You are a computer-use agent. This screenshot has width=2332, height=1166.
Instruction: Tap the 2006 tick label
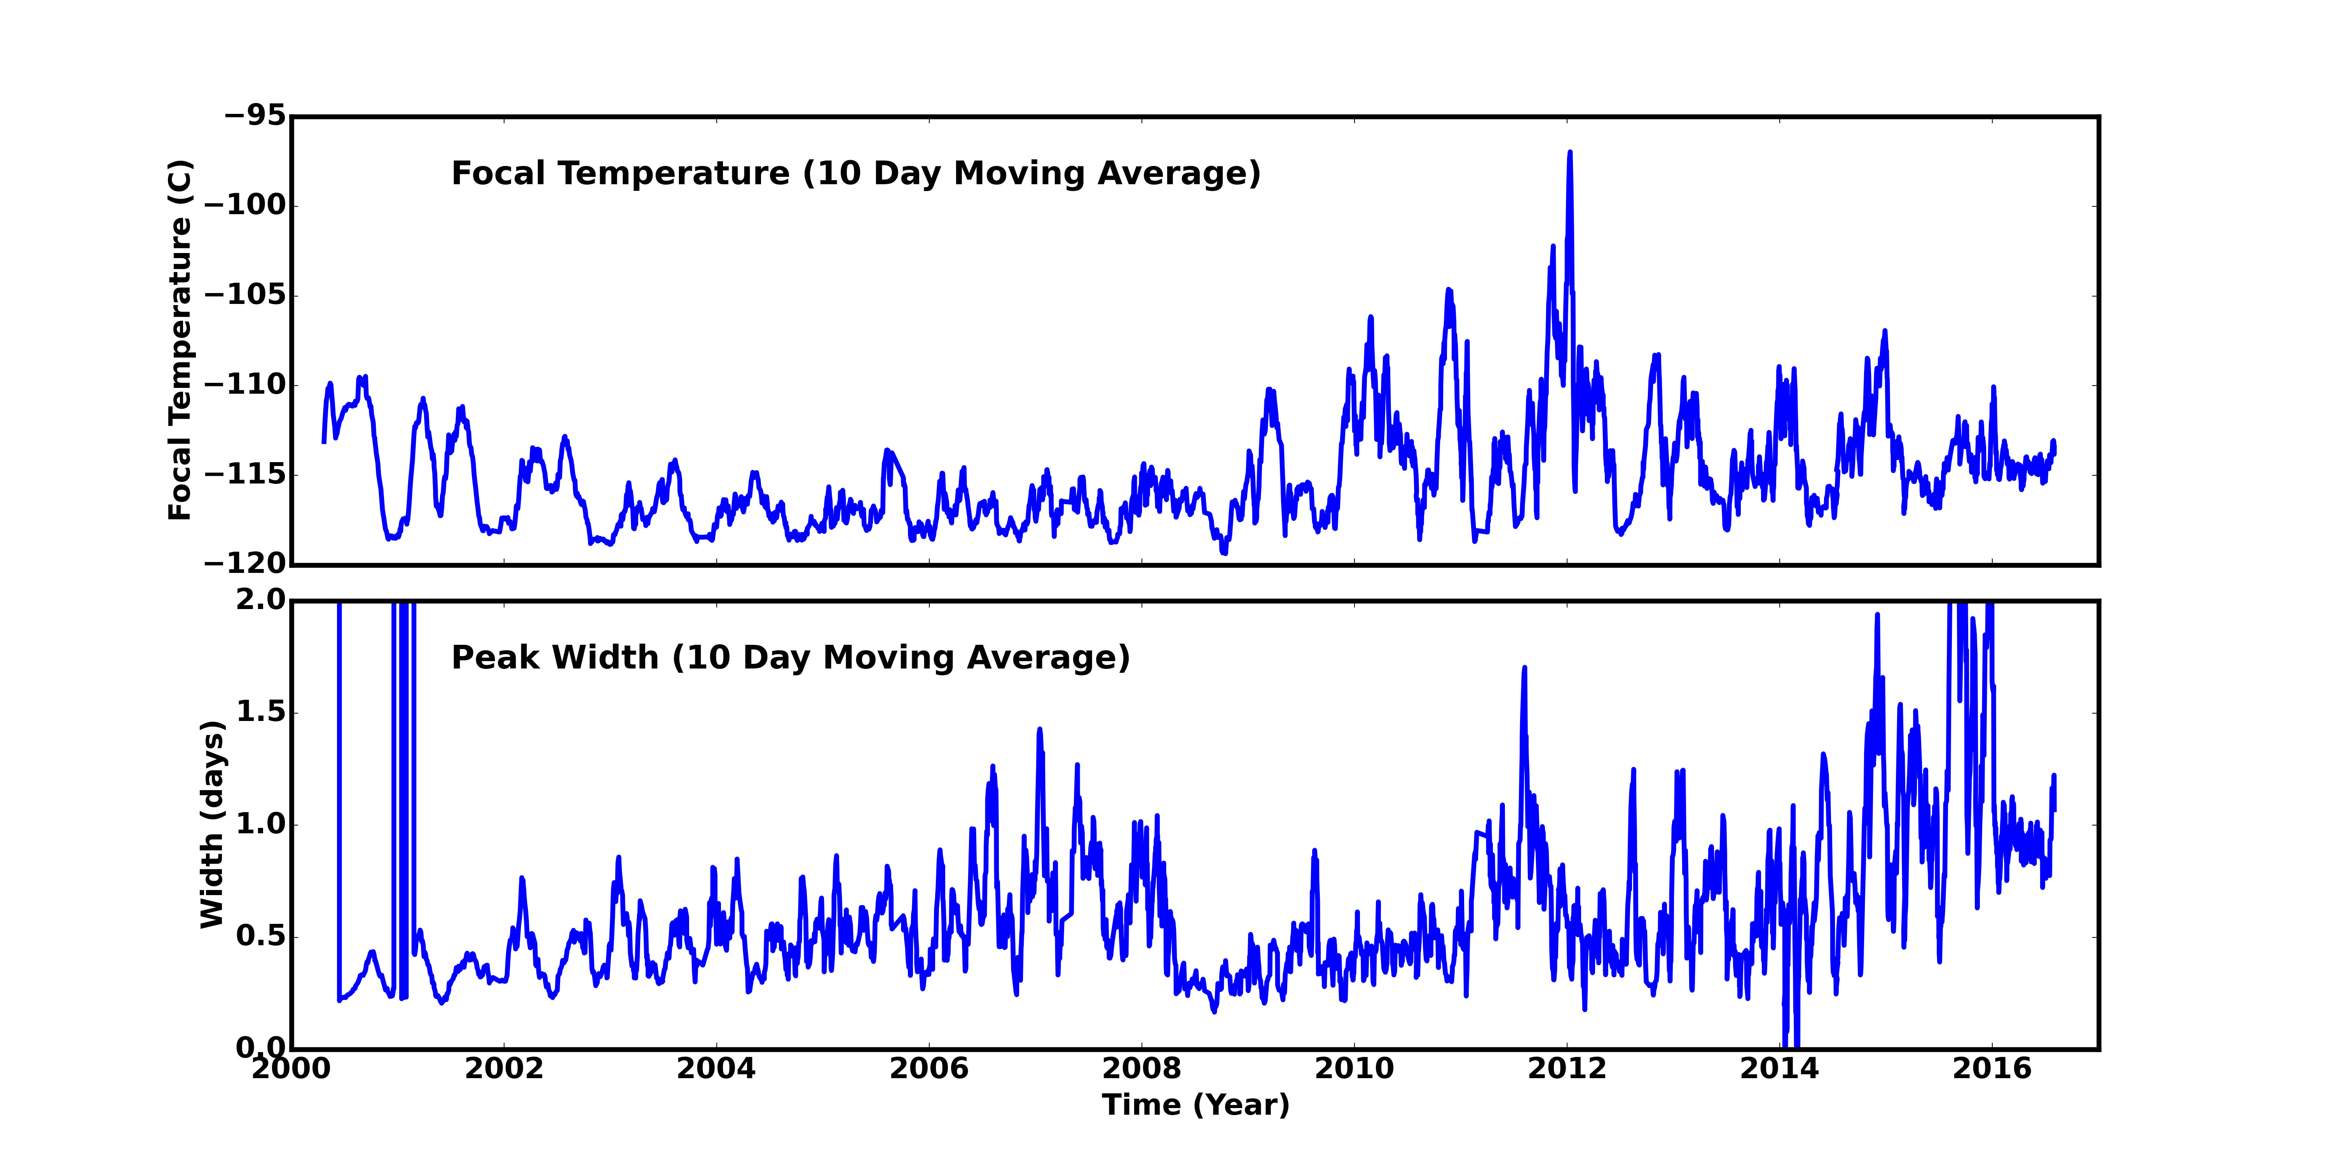coord(929,1069)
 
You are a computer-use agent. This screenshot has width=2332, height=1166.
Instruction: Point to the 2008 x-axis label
coord(1142,1069)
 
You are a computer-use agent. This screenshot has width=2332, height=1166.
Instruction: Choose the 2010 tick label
coord(1354,1069)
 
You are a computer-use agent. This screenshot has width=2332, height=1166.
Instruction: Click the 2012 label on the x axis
coord(1567,1069)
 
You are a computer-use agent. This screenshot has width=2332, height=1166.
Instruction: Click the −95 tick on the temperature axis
coord(255,116)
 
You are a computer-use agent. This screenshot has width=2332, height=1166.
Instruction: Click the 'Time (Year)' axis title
coord(1195,1105)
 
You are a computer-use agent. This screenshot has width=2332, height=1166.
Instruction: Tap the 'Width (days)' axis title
coord(212,824)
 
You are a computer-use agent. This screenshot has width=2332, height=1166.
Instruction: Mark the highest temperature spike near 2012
coord(1570,154)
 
